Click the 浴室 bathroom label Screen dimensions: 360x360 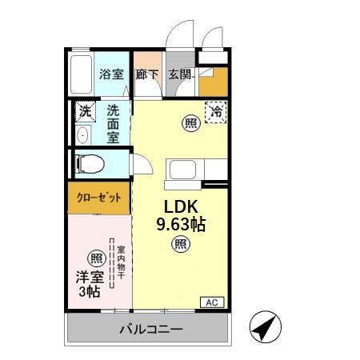pyautogui.click(x=111, y=75)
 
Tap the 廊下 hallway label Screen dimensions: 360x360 pyautogui.click(x=147, y=75)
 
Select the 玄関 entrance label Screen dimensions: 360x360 pyautogui.click(x=179, y=75)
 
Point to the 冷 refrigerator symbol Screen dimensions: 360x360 pyautogui.click(x=215, y=112)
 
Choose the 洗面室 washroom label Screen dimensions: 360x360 pyautogui.click(x=114, y=123)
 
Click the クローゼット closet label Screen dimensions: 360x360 pyautogui.click(x=99, y=198)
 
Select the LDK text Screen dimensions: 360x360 pyautogui.click(x=180, y=206)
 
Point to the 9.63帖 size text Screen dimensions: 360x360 pyautogui.click(x=180, y=225)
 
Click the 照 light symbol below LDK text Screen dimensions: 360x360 pyautogui.click(x=180, y=244)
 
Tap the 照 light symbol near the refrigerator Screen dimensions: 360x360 pyautogui.click(x=190, y=123)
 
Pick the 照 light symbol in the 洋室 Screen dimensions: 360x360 pyautogui.click(x=95, y=258)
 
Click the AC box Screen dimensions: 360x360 pyautogui.click(x=212, y=302)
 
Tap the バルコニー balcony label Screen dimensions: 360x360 pyautogui.click(x=152, y=329)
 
